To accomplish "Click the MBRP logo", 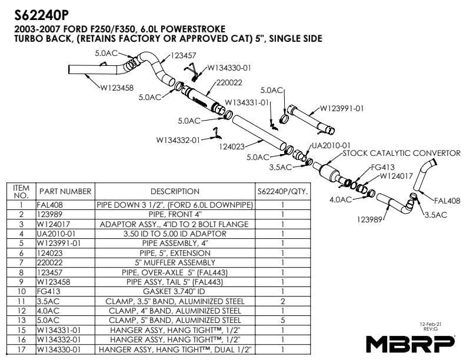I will tap(410, 343).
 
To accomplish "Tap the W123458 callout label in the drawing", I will tap(116, 88).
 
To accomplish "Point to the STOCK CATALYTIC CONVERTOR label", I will tap(401, 154).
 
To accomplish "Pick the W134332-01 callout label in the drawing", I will tap(178, 139).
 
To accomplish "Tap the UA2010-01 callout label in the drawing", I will tap(331, 145).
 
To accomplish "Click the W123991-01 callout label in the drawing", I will tap(342, 108).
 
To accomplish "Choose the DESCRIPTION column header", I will tap(175, 191).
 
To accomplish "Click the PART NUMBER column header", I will tap(65, 191).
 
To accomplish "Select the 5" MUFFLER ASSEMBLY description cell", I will tap(175, 262).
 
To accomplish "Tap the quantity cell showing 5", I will tap(283, 320).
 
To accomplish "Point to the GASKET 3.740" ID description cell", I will tap(175, 291).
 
